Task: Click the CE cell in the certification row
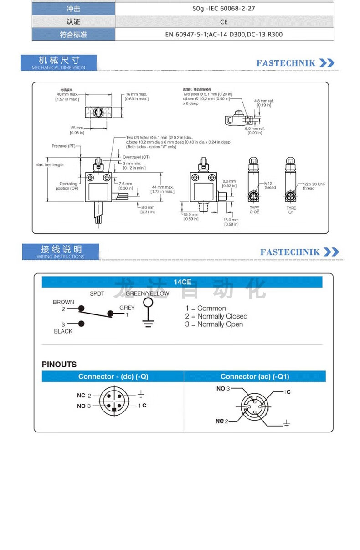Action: (224, 21)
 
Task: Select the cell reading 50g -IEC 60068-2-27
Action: (224, 8)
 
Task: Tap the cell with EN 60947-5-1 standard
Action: (224, 34)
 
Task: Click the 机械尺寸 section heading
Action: (59, 61)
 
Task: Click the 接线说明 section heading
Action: (61, 250)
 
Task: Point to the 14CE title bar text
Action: (182, 282)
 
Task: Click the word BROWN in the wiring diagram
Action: (63, 302)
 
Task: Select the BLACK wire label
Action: (63, 331)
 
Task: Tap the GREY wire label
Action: (127, 308)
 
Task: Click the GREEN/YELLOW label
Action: (147, 293)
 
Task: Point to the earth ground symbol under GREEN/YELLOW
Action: (147, 324)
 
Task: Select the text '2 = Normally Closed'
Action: (216, 316)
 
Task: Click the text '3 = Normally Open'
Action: (214, 324)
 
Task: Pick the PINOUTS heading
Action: (59, 365)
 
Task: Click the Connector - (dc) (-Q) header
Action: (113, 376)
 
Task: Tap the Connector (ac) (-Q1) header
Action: (255, 376)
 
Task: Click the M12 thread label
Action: (270, 185)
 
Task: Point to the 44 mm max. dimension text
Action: (163, 189)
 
